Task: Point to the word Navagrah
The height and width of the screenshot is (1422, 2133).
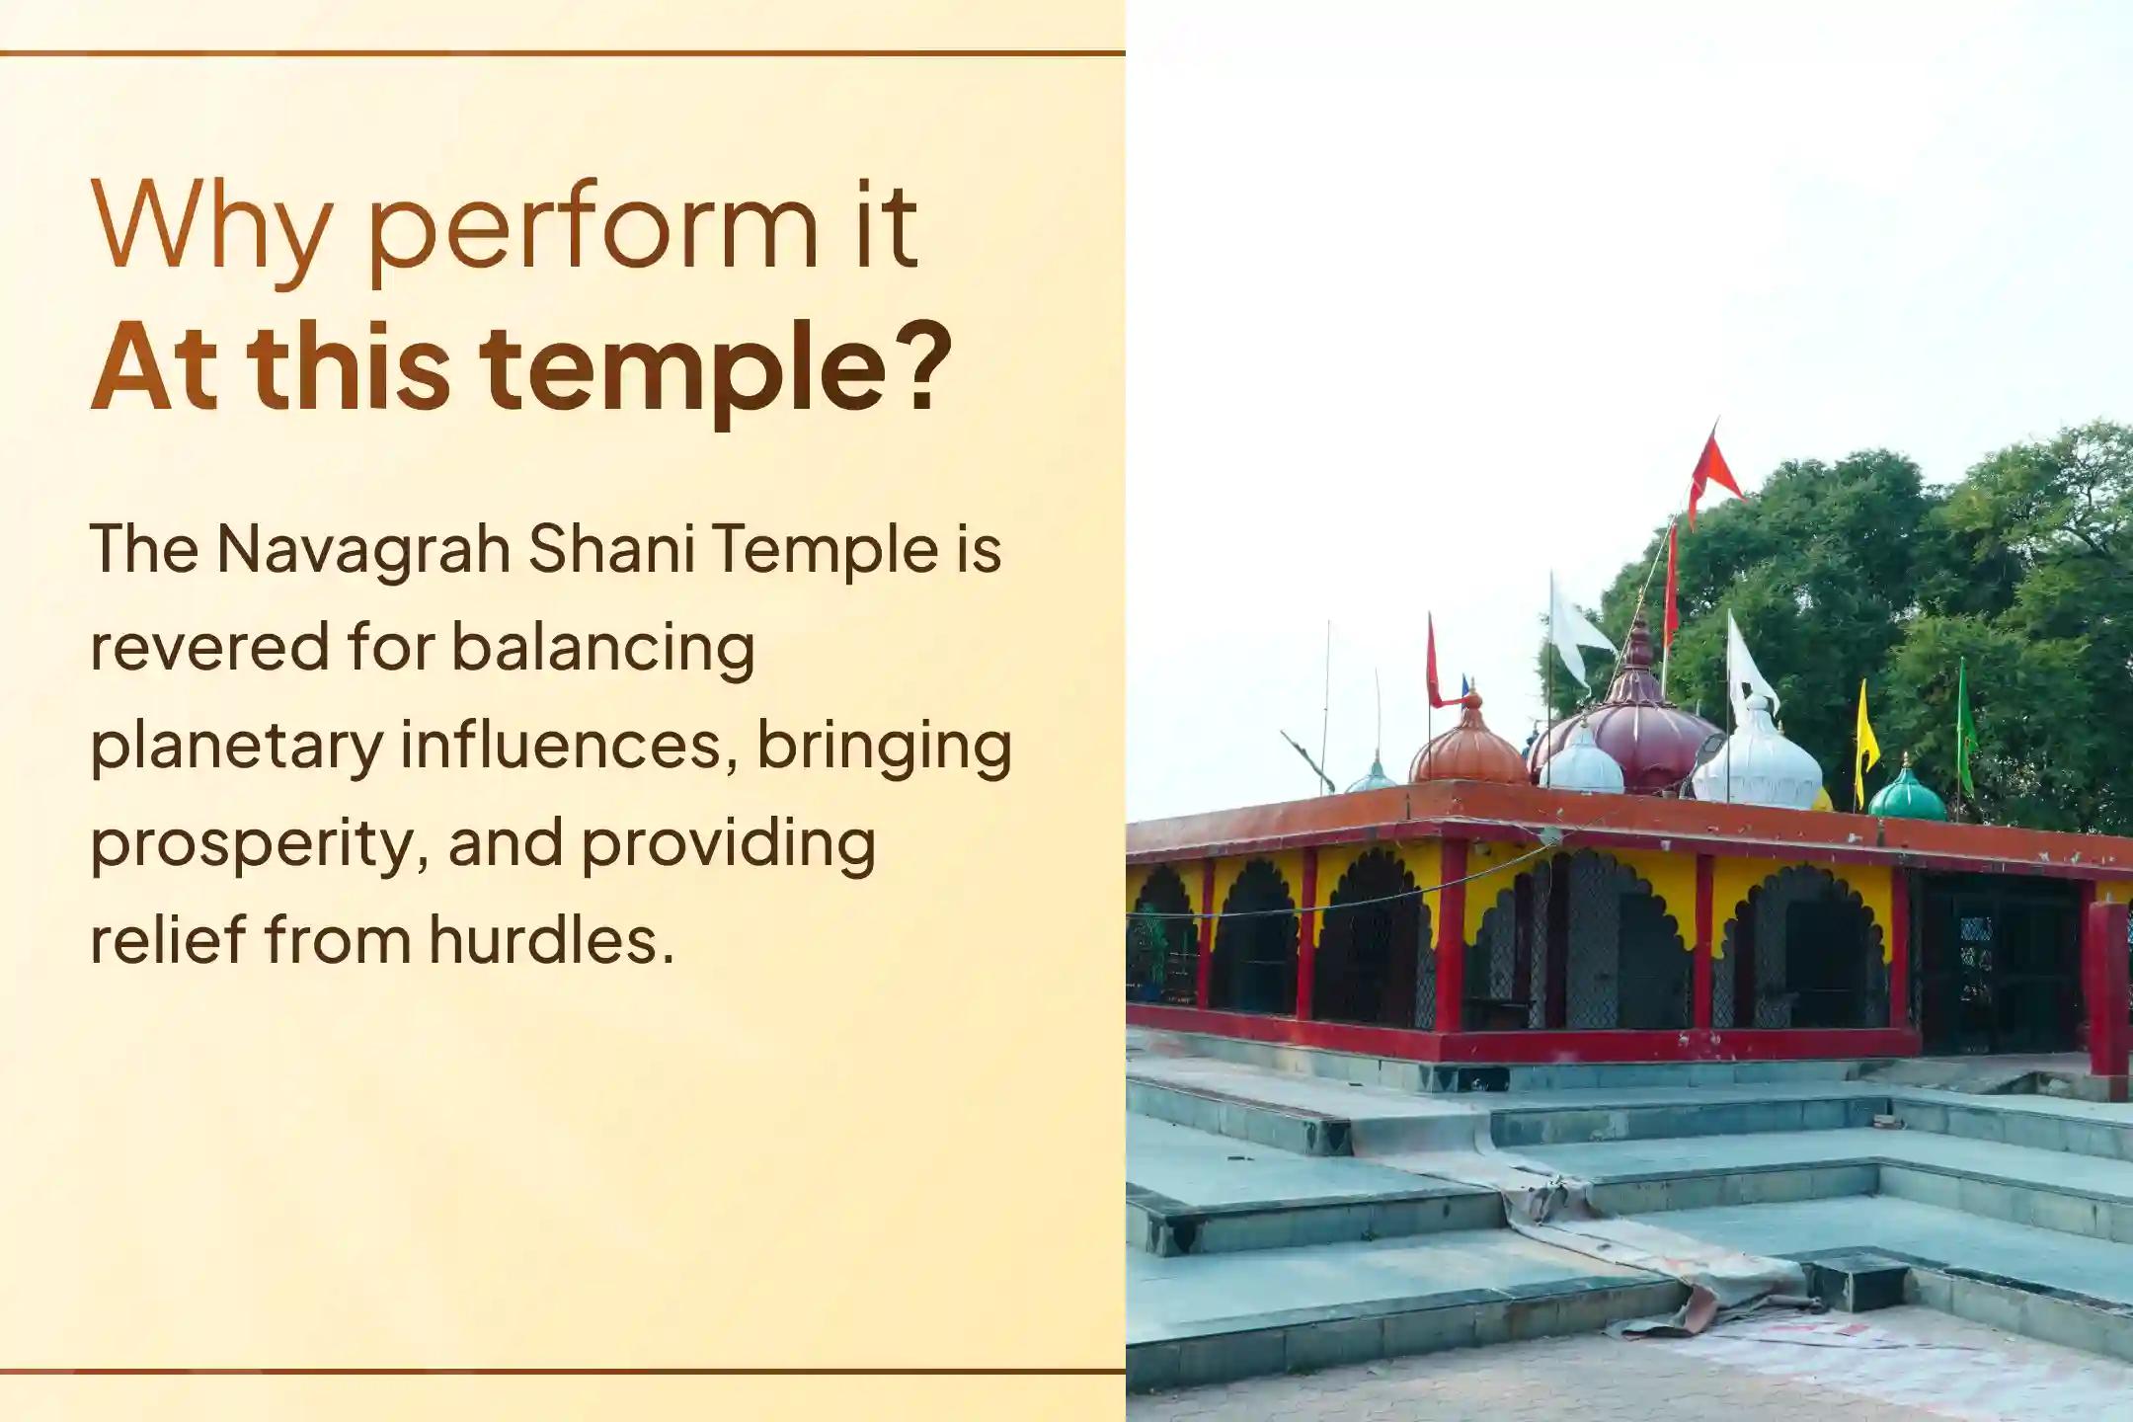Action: click(363, 550)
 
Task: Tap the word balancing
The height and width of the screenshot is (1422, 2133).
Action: click(603, 651)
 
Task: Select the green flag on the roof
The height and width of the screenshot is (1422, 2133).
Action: click(1966, 727)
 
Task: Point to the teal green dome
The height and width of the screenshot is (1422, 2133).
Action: click(1906, 792)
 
